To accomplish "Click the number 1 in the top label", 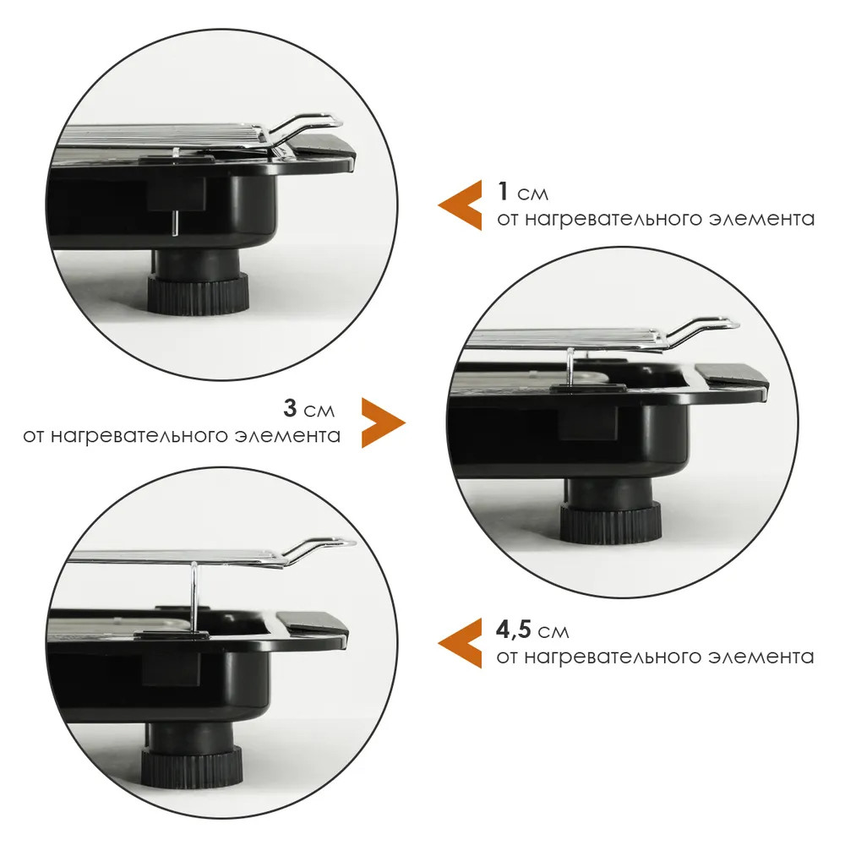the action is tap(503, 191).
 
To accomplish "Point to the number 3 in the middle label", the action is tap(290, 408).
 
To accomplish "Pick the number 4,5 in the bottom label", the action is tap(514, 630).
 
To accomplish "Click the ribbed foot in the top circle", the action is tap(198, 293).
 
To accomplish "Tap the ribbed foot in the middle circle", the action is tap(610, 521).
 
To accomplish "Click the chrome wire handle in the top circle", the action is tap(305, 128).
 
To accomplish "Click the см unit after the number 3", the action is tap(319, 412).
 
